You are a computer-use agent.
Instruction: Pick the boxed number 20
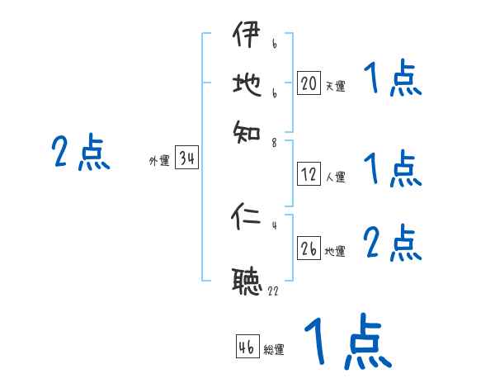click(x=309, y=83)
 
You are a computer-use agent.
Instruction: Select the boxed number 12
click(x=309, y=174)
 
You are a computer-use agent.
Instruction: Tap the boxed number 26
click(x=309, y=248)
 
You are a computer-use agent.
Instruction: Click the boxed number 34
click(x=186, y=159)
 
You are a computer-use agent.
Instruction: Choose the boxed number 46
click(x=247, y=347)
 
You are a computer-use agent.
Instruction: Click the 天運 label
click(x=335, y=85)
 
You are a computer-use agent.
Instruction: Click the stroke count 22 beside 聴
click(x=273, y=291)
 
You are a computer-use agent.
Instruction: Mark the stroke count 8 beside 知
click(x=273, y=143)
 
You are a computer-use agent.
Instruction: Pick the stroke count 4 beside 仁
click(x=273, y=225)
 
